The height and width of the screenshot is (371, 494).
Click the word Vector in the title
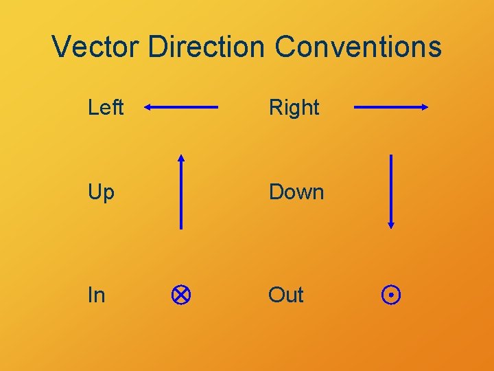coord(95,47)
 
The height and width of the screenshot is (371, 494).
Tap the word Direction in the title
coord(205,47)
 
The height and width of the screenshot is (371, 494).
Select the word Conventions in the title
coord(358,47)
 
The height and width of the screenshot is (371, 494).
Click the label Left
coord(106,107)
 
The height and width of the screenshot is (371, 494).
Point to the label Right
coord(294,107)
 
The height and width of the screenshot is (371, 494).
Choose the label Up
coord(101,192)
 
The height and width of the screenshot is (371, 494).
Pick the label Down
coord(296,192)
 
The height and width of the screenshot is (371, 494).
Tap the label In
coord(96,295)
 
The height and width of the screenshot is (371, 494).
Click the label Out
coord(285,295)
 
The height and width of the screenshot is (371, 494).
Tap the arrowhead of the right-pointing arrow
coord(425,107)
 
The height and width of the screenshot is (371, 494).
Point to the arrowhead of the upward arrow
coord(181,158)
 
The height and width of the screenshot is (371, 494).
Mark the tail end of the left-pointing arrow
coord(217,107)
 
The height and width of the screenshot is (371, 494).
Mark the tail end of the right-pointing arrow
coord(355,107)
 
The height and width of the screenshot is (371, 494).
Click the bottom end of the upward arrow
coord(181,227)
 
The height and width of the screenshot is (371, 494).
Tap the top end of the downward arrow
coord(390,155)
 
